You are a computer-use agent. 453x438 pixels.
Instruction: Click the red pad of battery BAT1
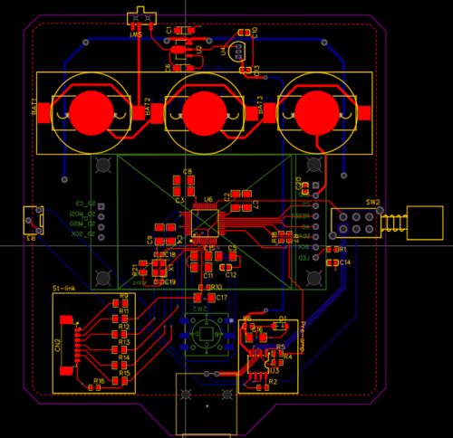coord(91,112)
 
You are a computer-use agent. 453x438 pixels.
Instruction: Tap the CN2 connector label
coord(56,345)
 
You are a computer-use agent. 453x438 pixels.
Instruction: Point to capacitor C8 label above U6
coord(188,171)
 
